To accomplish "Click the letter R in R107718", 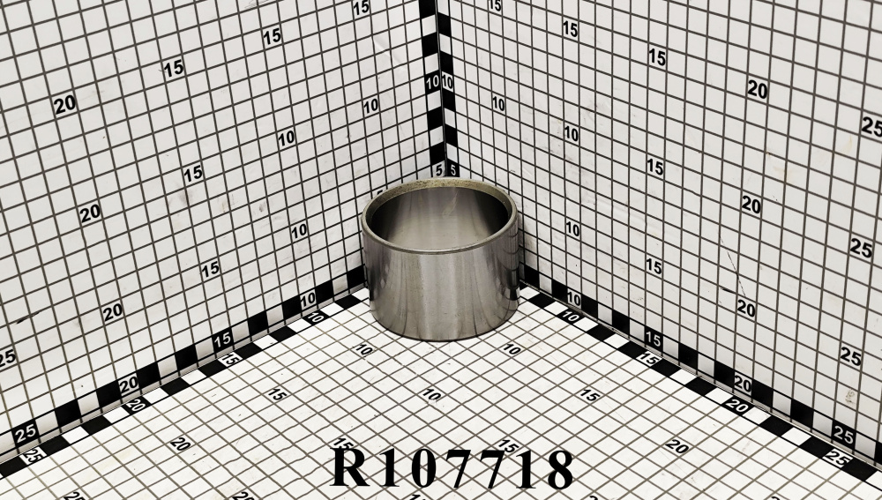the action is pyautogui.click(x=351, y=467).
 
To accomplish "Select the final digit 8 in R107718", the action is pyautogui.click(x=560, y=467).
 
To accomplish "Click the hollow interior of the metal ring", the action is pyautogui.click(x=438, y=217).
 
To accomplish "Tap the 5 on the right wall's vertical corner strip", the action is pyautogui.click(x=452, y=168).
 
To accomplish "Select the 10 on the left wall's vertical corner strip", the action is pyautogui.click(x=432, y=83).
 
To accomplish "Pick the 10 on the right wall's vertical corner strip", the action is pyautogui.click(x=447, y=83).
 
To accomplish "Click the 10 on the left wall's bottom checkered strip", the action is pyautogui.click(x=308, y=299).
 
